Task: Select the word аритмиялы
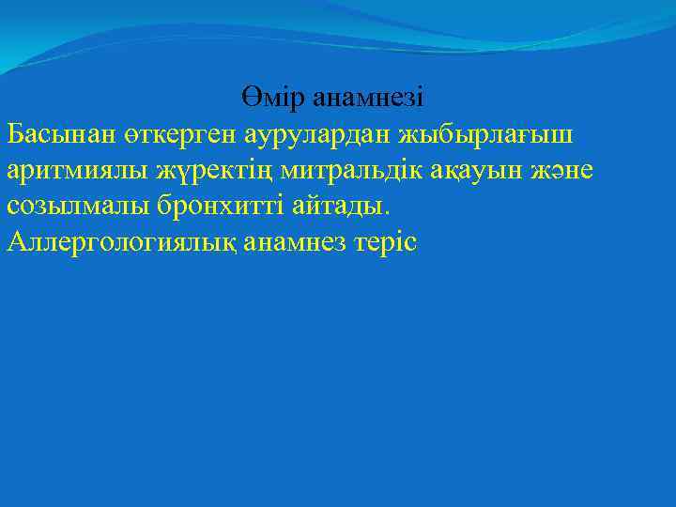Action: (71, 171)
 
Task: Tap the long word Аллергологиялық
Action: (121, 243)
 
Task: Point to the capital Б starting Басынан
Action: (14, 134)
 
